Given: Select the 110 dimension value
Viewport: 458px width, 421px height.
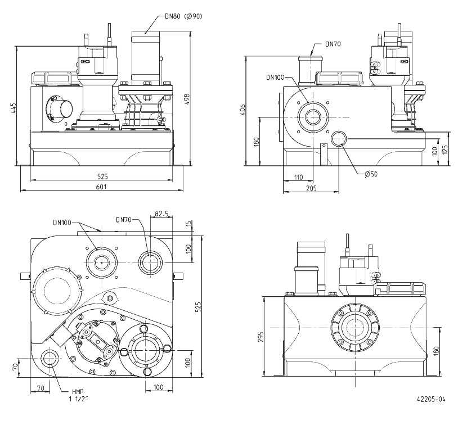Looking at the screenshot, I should (x=299, y=178).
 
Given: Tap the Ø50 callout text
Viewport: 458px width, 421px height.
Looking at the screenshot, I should (x=370, y=174).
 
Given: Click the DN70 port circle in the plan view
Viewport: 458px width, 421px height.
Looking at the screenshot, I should (x=150, y=261).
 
